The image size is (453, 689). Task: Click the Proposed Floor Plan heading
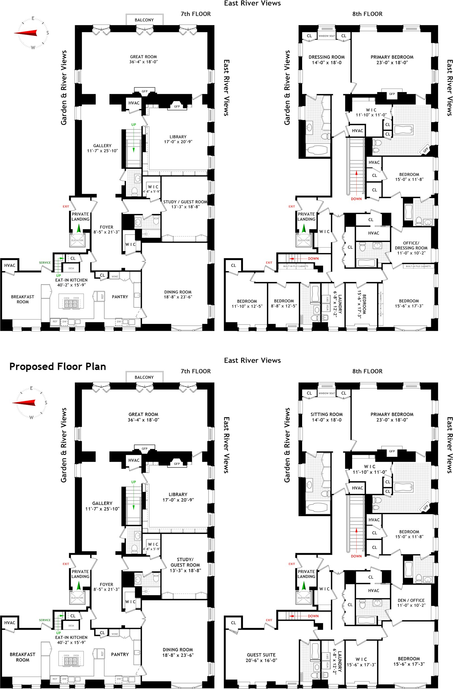click(57, 366)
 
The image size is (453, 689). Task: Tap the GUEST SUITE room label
click(261, 658)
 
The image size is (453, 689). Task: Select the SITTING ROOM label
click(327, 417)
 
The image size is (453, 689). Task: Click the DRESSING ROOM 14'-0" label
click(327, 60)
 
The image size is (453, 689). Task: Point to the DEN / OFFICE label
click(411, 603)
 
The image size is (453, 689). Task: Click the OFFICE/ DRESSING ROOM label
click(411, 248)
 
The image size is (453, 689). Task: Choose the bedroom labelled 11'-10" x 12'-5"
click(247, 304)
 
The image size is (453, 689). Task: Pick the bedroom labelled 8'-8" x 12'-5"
click(284, 303)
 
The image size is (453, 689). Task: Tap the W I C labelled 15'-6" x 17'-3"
click(361, 662)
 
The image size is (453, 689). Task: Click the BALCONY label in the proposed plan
click(144, 377)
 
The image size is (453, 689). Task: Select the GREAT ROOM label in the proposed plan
click(144, 417)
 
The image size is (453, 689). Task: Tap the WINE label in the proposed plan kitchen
click(115, 634)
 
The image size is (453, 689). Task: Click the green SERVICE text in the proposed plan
click(45, 620)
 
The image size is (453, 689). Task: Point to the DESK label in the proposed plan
click(71, 626)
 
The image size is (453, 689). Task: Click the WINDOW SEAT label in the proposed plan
click(327, 393)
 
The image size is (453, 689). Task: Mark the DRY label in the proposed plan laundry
click(328, 656)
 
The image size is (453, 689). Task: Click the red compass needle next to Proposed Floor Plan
click(24, 403)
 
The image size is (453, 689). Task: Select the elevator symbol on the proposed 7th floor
click(77, 598)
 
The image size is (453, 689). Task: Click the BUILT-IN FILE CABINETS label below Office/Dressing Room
click(418, 266)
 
